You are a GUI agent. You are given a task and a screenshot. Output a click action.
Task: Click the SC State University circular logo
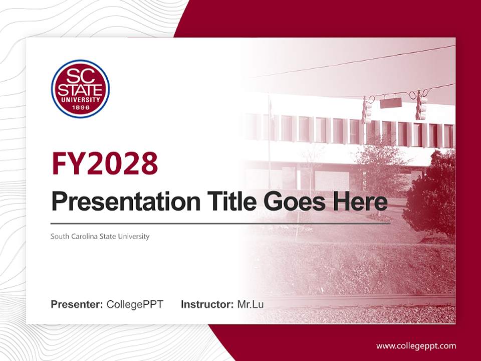tap(80, 89)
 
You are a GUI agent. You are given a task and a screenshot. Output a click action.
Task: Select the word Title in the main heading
tap(228, 202)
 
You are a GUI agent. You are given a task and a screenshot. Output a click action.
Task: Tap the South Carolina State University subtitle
tap(100, 236)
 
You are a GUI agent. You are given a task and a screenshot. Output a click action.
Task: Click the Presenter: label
tap(77, 304)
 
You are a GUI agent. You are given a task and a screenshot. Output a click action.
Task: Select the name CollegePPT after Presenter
tap(135, 304)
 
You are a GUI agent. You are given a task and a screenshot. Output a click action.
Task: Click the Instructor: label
tap(207, 304)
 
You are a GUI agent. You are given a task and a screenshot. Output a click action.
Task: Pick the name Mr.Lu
tap(251, 304)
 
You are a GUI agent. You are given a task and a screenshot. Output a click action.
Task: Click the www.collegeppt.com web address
tap(416, 345)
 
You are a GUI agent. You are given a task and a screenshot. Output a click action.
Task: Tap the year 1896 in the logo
tap(80, 107)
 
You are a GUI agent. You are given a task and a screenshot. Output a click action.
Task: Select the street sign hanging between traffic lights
tap(391, 103)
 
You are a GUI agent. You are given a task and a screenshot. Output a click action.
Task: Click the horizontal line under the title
tap(220, 223)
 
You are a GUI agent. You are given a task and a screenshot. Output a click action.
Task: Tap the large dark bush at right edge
tap(431, 196)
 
